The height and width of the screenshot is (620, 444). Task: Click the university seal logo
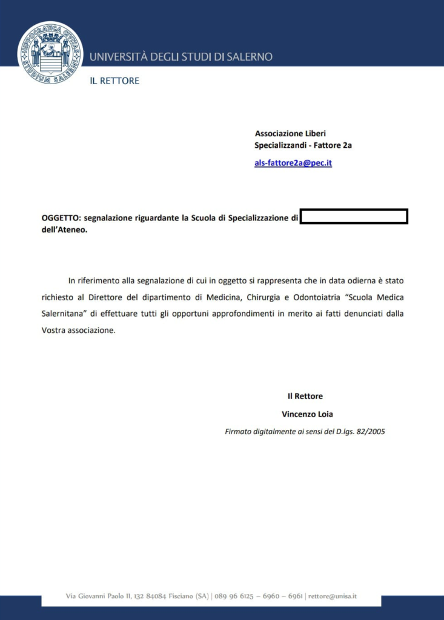tap(50, 53)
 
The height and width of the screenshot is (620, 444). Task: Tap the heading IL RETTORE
tap(114, 81)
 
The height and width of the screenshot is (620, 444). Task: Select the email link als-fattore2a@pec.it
tap(293, 163)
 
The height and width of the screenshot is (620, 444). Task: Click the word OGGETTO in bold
tap(59, 218)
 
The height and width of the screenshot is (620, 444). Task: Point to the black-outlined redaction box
tap(354, 216)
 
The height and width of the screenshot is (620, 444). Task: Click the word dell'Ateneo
tap(64, 230)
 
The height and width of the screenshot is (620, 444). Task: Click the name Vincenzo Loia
tap(307, 414)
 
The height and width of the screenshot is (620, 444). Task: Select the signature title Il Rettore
tap(305, 396)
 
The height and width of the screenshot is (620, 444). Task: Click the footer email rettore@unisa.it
tap(333, 596)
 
